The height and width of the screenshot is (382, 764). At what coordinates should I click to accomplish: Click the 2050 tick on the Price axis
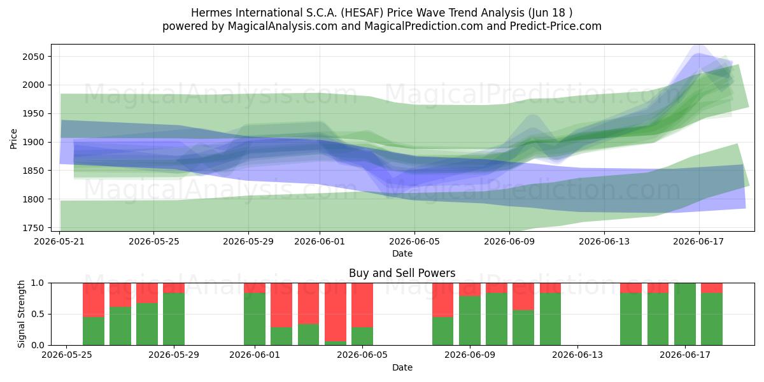(33, 57)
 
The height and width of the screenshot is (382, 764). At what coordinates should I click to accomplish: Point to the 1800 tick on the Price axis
(33, 199)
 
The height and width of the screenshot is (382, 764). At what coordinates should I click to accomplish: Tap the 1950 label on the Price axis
(33, 113)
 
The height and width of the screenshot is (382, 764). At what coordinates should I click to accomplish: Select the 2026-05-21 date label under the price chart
(59, 241)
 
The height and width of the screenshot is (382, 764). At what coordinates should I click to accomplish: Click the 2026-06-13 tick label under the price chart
(604, 241)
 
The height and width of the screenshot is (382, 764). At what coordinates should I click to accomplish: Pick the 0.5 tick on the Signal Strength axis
(38, 314)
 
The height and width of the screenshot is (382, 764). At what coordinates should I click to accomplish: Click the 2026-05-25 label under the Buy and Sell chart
(66, 355)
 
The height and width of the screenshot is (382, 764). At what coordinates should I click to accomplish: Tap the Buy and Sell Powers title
(402, 273)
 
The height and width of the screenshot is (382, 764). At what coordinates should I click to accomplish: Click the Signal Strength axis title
(21, 314)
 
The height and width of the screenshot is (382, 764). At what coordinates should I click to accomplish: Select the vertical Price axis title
(13, 139)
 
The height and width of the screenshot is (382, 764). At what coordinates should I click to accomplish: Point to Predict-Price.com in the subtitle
(556, 26)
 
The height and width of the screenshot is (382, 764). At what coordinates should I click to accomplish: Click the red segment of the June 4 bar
(336, 312)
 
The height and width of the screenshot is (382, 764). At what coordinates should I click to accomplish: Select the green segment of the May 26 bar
(94, 331)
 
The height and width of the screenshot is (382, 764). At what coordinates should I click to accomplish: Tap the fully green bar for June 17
(685, 314)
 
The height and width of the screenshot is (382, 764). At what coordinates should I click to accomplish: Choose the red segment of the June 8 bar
(442, 300)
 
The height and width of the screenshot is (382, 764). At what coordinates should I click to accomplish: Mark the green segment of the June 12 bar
(550, 319)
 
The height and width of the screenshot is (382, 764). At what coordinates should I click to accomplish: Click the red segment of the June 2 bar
(281, 305)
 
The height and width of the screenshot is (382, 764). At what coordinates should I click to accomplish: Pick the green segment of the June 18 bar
(712, 319)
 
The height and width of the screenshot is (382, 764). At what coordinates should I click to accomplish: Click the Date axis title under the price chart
(402, 253)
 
